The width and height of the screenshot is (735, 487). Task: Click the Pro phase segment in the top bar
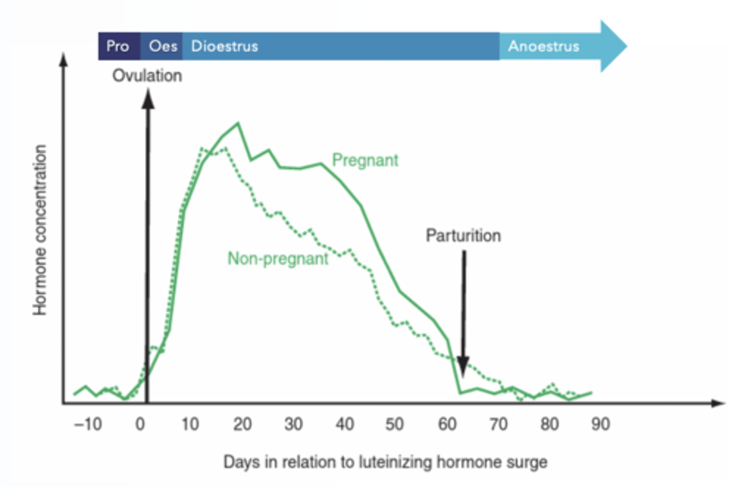tap(118, 46)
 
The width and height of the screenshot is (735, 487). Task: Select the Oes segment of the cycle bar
tap(162, 46)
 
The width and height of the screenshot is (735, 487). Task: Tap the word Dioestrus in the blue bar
tap(225, 46)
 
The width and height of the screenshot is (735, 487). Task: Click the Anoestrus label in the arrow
tap(544, 46)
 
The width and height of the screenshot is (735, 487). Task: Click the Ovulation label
tap(147, 76)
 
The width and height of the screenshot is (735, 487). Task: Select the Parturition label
tap(463, 236)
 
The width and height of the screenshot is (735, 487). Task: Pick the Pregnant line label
tap(365, 160)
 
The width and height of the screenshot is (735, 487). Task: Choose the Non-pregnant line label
tap(278, 259)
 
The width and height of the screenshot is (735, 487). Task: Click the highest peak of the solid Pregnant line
tap(238, 123)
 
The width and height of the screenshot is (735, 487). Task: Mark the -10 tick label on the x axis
tap(88, 424)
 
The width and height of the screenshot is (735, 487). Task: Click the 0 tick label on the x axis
tap(140, 424)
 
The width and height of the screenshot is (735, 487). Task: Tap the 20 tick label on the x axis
tap(242, 424)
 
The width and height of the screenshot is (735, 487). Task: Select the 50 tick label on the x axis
tap(395, 424)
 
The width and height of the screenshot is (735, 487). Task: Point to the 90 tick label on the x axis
tap(600, 424)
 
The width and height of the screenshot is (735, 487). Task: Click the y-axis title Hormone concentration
tap(40, 230)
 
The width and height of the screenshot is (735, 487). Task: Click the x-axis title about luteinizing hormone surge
tap(385, 462)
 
